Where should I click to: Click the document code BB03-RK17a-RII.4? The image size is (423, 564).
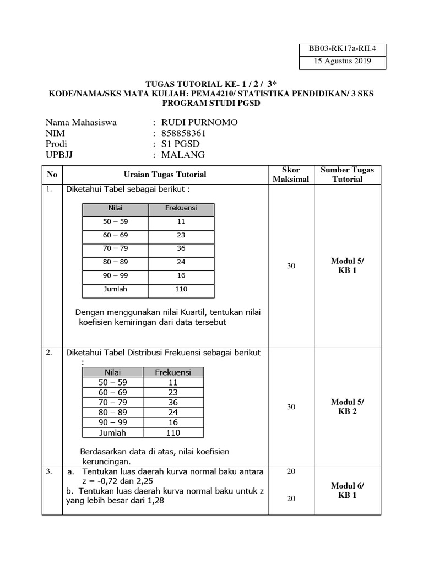(x=335, y=48)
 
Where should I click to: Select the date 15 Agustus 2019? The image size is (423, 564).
(x=335, y=61)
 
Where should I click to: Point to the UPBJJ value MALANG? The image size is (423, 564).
(x=183, y=155)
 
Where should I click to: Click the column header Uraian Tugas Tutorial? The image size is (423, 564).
(x=165, y=175)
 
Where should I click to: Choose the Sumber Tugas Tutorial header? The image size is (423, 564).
(x=347, y=175)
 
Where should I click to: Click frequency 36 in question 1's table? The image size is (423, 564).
(x=181, y=248)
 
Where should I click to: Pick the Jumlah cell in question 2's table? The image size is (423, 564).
(x=112, y=432)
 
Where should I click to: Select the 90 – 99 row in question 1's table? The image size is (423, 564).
(x=115, y=275)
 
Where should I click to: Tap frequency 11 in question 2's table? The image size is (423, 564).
(x=173, y=382)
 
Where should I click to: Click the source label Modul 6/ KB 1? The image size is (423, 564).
(x=347, y=490)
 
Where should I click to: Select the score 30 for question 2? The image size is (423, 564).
(x=291, y=407)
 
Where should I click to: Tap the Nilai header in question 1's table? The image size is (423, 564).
(x=115, y=208)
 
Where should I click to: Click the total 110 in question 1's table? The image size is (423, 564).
(x=181, y=289)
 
